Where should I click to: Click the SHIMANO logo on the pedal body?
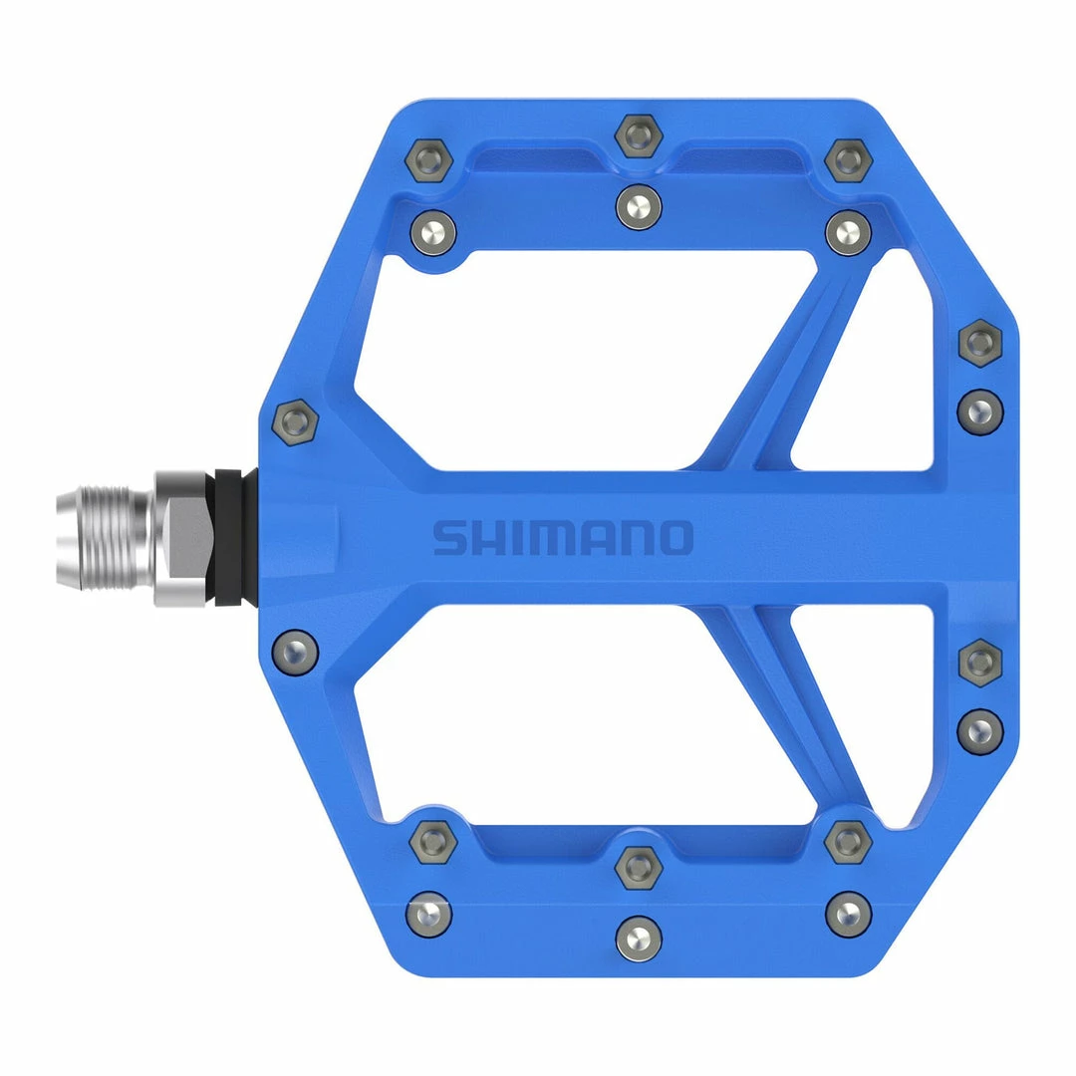pyautogui.click(x=563, y=538)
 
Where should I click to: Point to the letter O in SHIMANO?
pyautogui.click(x=675, y=538)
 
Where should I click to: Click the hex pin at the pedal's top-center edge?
pyautogui.click(x=639, y=135)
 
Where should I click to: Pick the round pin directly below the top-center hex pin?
pyautogui.click(x=639, y=207)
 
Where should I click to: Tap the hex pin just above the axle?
pyautogui.click(x=295, y=422)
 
